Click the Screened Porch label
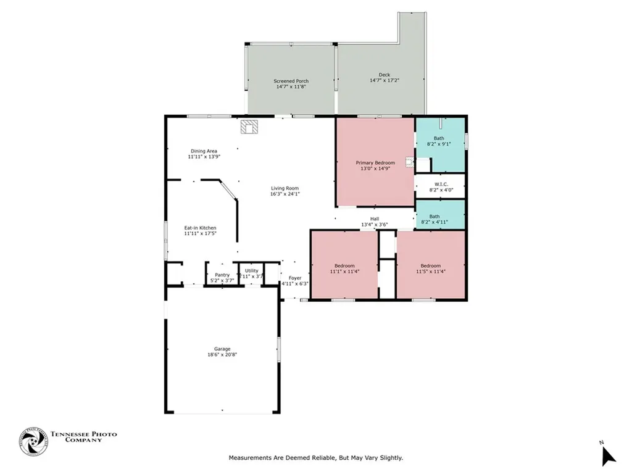coord(291,81)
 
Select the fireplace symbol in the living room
coord(250,127)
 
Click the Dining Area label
coord(204,151)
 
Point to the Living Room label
coord(285,188)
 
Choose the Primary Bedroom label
coord(375,162)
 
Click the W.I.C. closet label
coord(441,184)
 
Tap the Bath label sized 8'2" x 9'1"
coord(439,138)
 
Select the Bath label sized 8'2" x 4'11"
coord(434,217)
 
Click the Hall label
coord(375,218)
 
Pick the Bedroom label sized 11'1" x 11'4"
coord(344,265)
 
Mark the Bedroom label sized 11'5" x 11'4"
coord(430,265)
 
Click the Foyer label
coord(295,278)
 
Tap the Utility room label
coord(252,270)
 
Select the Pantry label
coord(222,275)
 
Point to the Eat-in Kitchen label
coord(201,228)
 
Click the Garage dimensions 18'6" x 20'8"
coord(222,355)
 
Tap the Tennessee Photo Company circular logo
coord(33,442)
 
